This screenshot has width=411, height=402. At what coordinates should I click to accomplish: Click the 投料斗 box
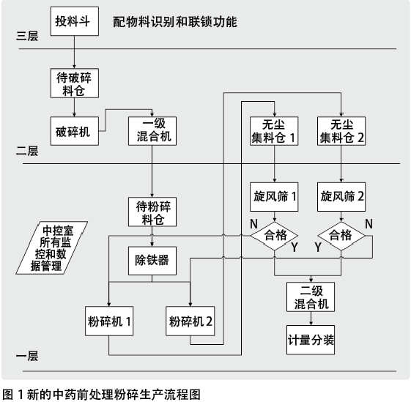tap(75, 21)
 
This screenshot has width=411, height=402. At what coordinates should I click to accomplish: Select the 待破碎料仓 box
tap(75, 83)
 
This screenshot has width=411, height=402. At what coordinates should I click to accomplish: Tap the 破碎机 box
tap(75, 131)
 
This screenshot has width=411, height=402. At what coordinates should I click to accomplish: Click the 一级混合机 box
tap(152, 131)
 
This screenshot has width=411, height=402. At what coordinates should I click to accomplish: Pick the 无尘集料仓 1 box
tap(274, 131)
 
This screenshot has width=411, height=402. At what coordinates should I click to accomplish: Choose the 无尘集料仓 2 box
tap(341, 131)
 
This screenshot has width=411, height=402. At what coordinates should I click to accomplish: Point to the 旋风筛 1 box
tap(274, 197)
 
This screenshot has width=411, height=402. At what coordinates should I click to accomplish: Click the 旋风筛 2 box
tap(341, 197)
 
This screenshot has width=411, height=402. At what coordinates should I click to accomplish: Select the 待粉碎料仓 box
tap(152, 212)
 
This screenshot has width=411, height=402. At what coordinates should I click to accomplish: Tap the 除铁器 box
tap(152, 261)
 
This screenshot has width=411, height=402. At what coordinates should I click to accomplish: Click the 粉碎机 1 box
tap(109, 321)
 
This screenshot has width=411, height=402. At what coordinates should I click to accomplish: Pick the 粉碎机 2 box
tap(190, 321)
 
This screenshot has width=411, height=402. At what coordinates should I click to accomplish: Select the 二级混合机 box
tap(311, 297)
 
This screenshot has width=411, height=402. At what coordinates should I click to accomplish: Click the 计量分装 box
tap(311, 340)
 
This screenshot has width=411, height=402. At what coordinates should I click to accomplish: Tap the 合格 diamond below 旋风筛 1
tap(274, 236)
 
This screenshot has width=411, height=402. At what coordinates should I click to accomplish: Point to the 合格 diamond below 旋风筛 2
tap(341, 236)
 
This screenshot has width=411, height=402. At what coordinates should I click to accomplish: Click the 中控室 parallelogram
tap(51, 248)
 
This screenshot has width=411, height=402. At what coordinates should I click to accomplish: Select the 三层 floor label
tap(27, 36)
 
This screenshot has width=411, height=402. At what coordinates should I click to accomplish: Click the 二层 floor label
tap(27, 151)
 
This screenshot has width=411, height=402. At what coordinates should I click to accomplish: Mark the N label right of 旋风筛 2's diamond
tap(369, 224)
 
